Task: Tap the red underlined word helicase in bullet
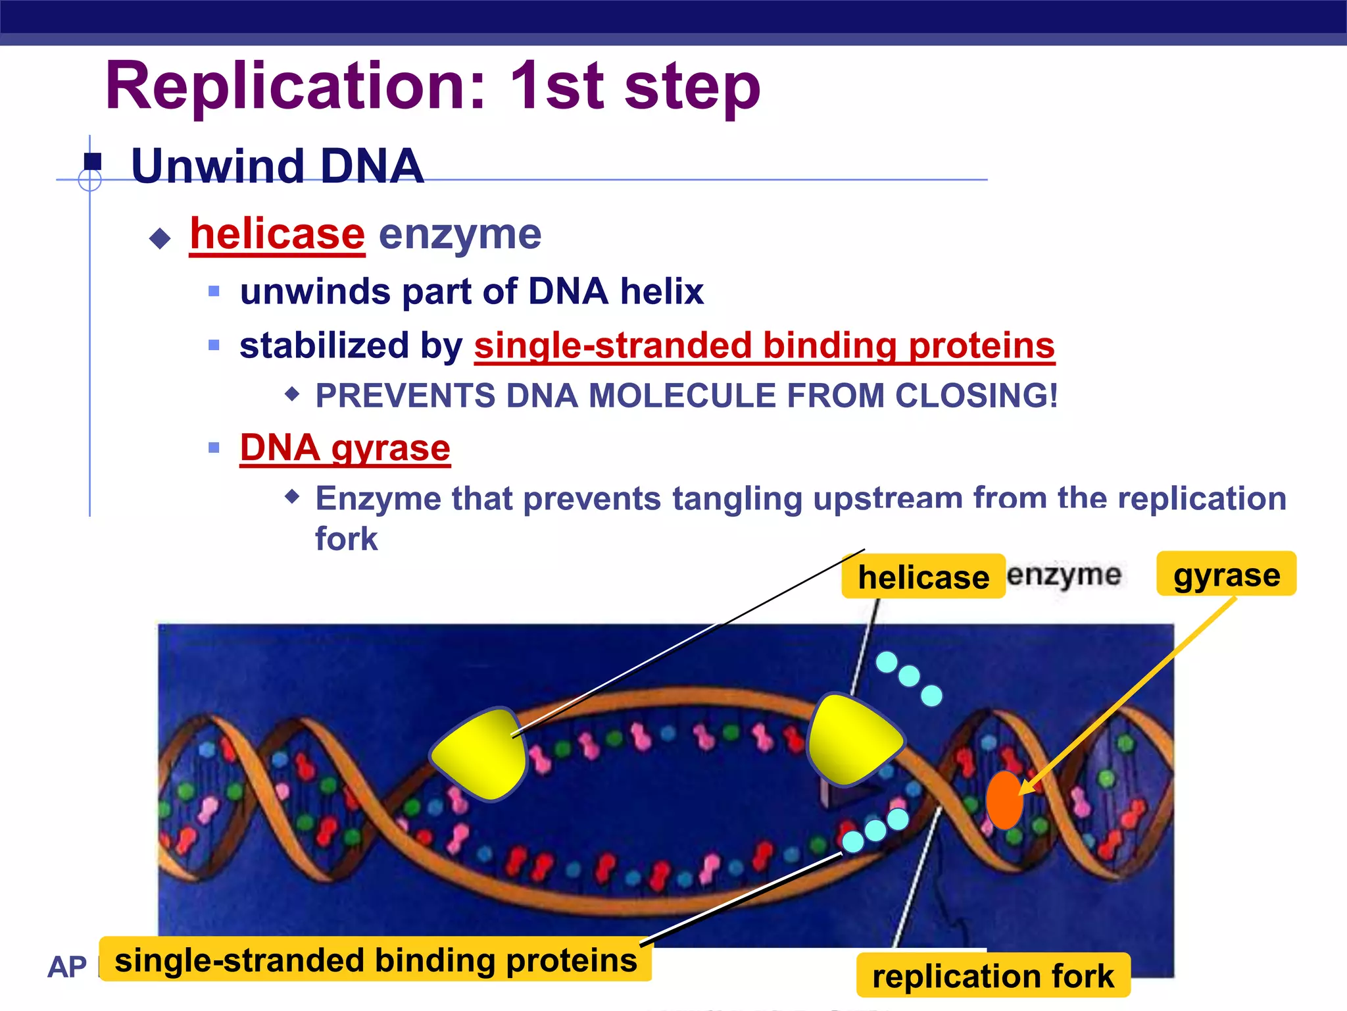(x=277, y=234)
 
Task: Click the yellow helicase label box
(x=923, y=577)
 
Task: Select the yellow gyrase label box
(x=1226, y=575)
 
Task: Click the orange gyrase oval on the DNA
(x=1004, y=800)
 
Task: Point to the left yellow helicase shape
(x=480, y=754)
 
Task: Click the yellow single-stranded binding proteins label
(x=376, y=960)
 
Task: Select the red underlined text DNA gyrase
(x=345, y=449)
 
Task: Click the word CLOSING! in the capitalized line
(x=976, y=396)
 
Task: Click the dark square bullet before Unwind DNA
(x=93, y=161)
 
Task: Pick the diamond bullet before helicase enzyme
(x=160, y=238)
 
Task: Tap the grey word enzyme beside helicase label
(x=1064, y=575)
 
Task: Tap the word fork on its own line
(x=347, y=539)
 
